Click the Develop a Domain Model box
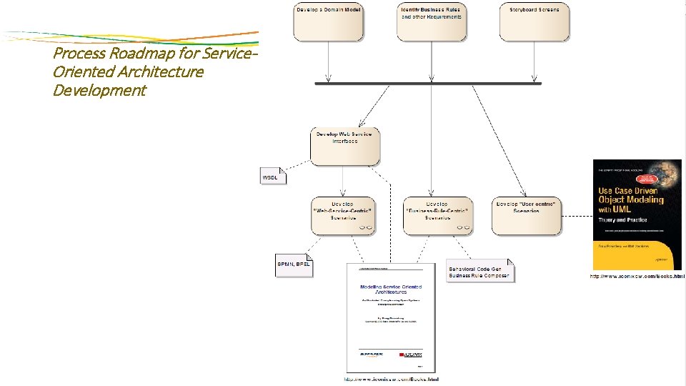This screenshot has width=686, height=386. [328, 22]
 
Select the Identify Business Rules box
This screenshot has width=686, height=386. [431, 22]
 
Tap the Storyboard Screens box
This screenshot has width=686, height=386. [535, 22]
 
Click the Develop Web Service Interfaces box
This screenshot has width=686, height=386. [345, 147]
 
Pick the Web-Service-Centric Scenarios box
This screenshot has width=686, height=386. [342, 215]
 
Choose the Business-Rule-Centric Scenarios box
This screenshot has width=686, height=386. [438, 215]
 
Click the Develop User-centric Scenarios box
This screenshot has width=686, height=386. [527, 215]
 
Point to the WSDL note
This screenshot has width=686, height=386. [272, 176]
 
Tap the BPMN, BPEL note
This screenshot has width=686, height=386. [294, 264]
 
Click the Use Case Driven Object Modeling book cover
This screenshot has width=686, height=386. [637, 214]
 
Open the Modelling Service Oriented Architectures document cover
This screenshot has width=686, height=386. [391, 317]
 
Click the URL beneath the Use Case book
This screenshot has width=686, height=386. [637, 276]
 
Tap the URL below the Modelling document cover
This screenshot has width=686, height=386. [391, 379]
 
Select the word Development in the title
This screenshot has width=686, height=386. [99, 90]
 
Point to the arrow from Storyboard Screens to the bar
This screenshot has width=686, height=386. [535, 61]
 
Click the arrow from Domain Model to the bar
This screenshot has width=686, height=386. [328, 61]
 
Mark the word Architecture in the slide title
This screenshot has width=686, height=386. [162, 71]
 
